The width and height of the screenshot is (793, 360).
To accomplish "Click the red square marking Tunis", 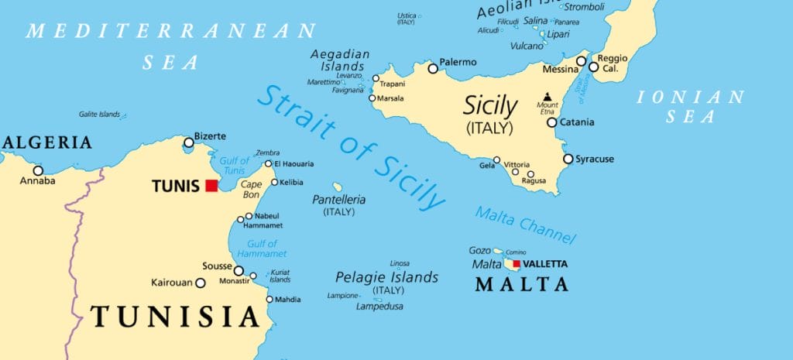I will pyautogui.click(x=211, y=186).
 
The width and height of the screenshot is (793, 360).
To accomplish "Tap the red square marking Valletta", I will pyautogui.click(x=517, y=264).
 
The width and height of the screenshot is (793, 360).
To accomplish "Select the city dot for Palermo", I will pyautogui.click(x=433, y=69).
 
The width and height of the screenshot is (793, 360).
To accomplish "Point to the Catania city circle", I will pyautogui.click(x=552, y=122).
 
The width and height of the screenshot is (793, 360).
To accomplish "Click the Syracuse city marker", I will pyautogui.click(x=568, y=159).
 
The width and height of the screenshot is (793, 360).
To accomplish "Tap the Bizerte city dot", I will pyautogui.click(x=188, y=142).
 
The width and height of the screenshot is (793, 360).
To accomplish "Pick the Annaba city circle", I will pyautogui.click(x=37, y=170).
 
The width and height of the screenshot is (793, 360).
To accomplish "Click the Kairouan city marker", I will pyautogui.click(x=200, y=283).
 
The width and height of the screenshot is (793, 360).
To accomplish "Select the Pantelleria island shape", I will pyautogui.click(x=338, y=187).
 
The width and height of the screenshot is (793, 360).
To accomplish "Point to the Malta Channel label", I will pyautogui.click(x=525, y=225).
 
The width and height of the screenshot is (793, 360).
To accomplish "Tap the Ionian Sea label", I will pyautogui.click(x=689, y=107).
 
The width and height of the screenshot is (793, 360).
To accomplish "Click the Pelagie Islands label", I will pyautogui.click(x=386, y=277).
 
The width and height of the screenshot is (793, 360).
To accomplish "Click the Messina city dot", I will pyautogui.click(x=581, y=61).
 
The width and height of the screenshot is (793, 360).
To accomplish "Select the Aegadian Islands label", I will pyautogui.click(x=340, y=60).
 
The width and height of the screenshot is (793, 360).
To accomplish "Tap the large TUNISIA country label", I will pyautogui.click(x=174, y=316).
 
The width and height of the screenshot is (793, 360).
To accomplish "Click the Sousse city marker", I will pyautogui.click(x=239, y=271).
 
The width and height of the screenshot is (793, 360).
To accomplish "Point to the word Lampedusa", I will pyautogui.click(x=380, y=307).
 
